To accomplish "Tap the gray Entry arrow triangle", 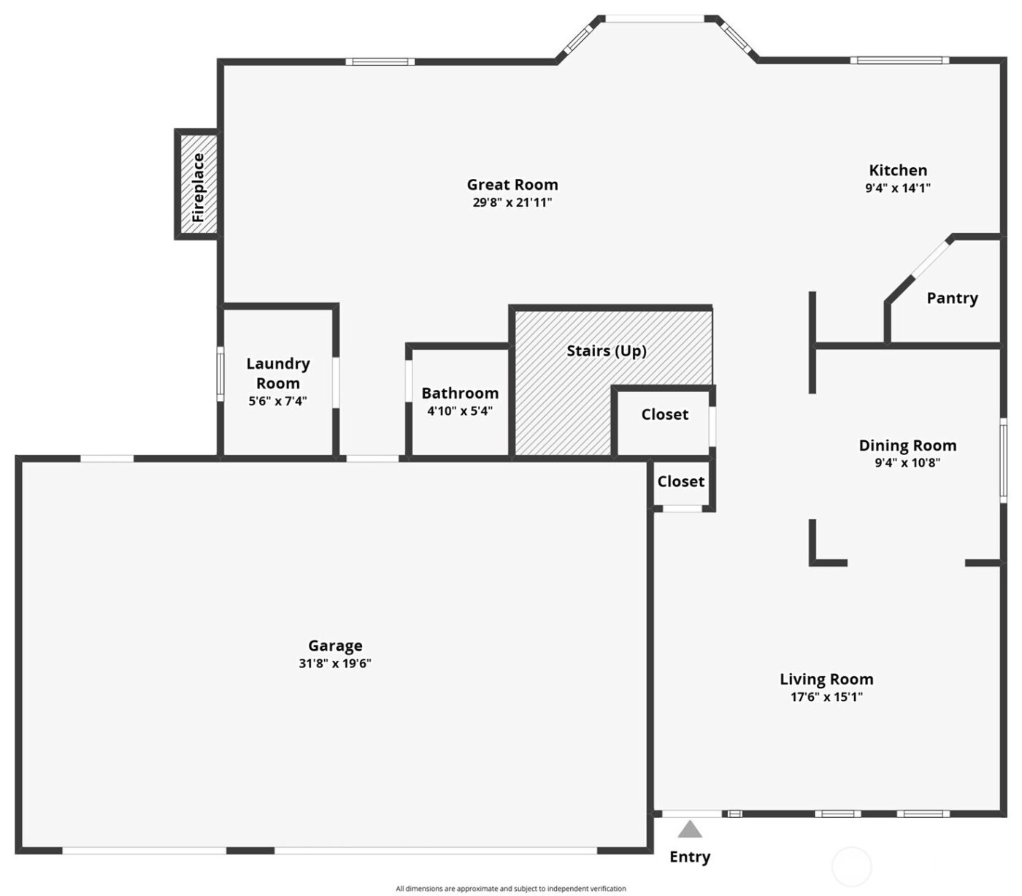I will pos(690,830).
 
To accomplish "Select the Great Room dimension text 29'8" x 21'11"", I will pos(512,203).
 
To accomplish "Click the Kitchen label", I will pos(898,170).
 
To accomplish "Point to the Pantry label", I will pos(952,298).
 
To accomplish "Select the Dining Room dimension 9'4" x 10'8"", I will pos(907,462).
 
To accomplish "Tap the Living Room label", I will pos(826,679).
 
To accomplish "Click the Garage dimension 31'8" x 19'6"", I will pos(335,664).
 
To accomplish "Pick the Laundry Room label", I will pos(278,373).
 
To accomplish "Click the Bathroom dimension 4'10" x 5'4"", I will pos(460,411).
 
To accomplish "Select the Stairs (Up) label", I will pos(607,351).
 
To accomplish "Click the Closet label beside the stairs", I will pos(664,414).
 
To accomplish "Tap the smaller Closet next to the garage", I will pos(680,481).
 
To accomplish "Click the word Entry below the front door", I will pos(690,857).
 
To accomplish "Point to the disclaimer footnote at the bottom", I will pos(511,889).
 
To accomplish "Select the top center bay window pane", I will pos(654,19).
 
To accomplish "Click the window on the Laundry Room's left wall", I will pos(220,374).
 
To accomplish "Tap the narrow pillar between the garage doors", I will pos(250,850).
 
